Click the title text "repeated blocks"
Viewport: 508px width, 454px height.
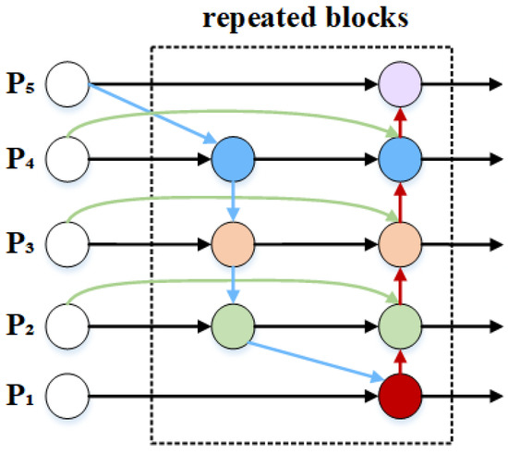point(301,18)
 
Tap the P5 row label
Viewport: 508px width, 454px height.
point(21,86)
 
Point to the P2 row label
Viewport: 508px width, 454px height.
point(21,325)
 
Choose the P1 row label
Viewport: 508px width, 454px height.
point(21,399)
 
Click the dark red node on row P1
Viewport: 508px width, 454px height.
point(401,399)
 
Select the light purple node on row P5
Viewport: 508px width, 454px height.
point(401,85)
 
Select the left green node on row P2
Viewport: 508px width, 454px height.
point(233,325)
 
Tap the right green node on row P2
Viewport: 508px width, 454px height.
point(401,325)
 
